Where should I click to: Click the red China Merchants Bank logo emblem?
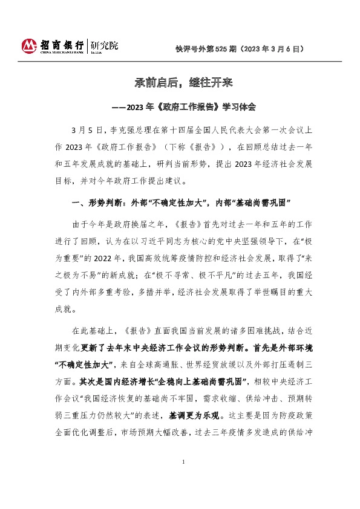(x=30, y=46)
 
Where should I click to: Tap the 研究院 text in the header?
(x=104, y=45)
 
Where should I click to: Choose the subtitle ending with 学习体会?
(x=180, y=107)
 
